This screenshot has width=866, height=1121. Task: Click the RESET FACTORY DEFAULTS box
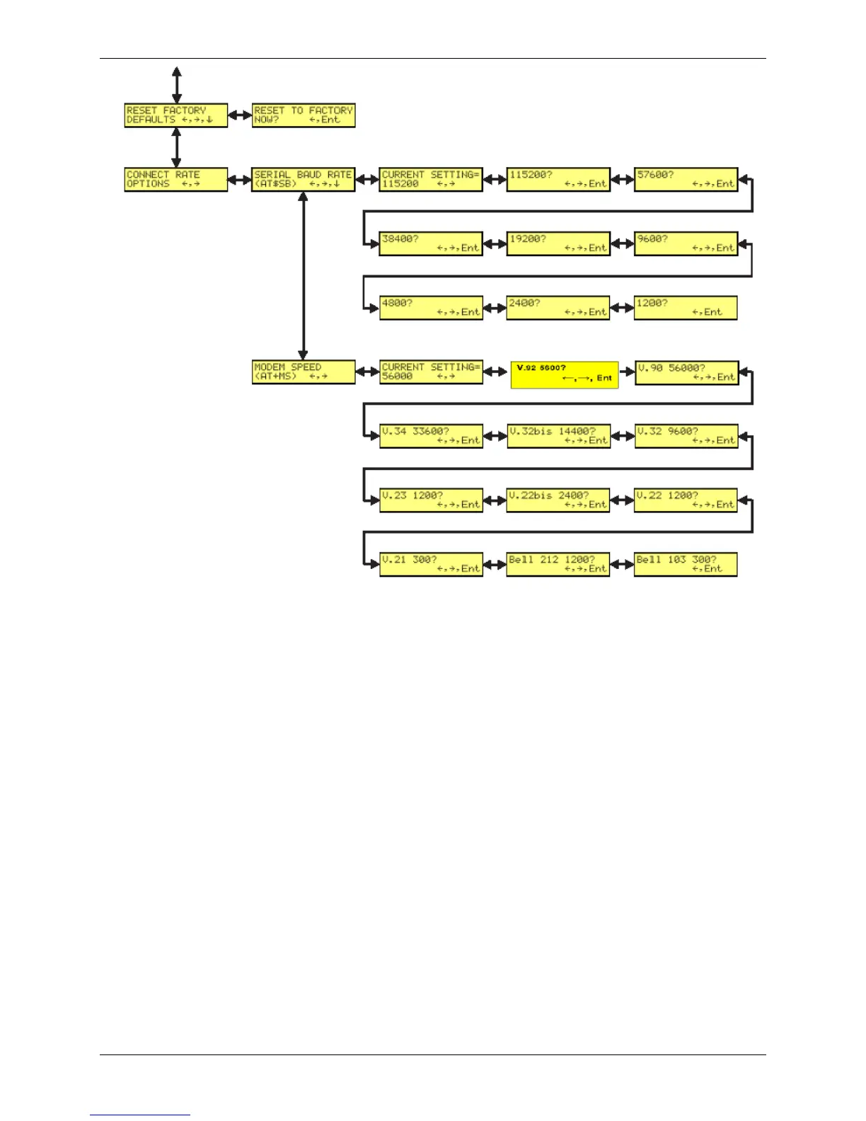176,115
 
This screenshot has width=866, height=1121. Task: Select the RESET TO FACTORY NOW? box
304,115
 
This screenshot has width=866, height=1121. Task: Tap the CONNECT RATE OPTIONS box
176,180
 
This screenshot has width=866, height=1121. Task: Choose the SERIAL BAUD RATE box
304,180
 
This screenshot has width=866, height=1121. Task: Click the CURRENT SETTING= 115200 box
431,180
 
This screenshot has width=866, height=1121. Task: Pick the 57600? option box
686,180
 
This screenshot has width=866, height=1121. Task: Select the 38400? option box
431,243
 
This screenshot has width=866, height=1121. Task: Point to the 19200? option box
558,243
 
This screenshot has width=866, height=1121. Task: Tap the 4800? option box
431,308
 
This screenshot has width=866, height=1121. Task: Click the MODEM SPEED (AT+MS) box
304,372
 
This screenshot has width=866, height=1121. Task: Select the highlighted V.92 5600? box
565,374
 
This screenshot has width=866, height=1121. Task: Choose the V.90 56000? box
686,373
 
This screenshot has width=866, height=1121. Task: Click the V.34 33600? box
431,436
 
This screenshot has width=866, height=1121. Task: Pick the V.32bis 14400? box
558,436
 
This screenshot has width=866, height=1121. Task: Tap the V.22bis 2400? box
558,500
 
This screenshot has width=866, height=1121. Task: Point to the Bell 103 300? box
686,564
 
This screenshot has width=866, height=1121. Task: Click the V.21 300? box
431,564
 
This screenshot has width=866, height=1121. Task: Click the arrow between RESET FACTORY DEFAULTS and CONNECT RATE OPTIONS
176,148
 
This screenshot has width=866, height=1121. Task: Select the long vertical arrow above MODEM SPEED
304,276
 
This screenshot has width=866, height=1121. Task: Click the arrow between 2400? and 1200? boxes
622,308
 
